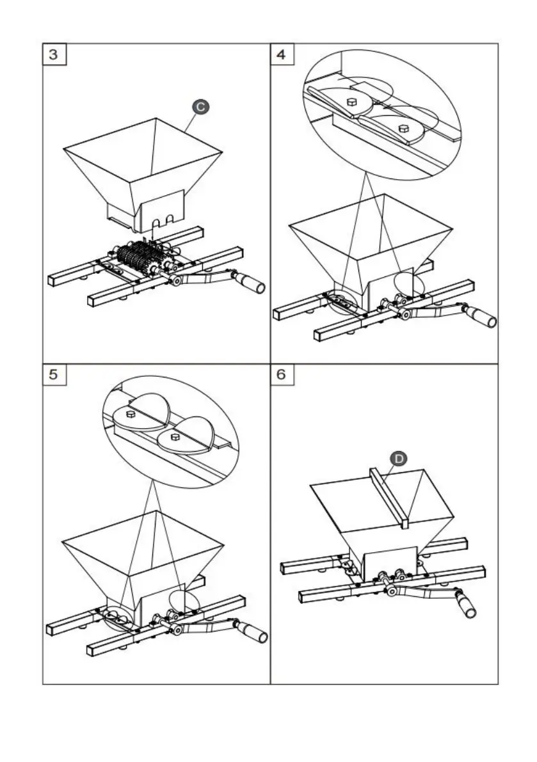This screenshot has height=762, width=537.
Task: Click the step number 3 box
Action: [x=53, y=54]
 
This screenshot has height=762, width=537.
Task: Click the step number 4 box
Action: [x=282, y=54]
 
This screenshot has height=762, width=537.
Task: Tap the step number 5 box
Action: [x=53, y=375]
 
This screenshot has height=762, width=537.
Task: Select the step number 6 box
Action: [x=282, y=375]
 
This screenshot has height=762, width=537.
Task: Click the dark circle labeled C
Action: [x=201, y=107]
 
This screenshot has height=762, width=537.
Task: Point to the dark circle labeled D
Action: [x=398, y=459]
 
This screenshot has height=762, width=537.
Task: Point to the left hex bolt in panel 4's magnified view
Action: [x=352, y=102]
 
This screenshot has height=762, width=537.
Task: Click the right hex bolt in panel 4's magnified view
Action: [x=403, y=128]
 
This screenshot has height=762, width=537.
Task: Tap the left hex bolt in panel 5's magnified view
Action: [x=131, y=414]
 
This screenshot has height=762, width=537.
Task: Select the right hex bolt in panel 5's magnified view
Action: [x=175, y=436]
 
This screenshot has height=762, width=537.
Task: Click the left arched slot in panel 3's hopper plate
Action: [x=156, y=221]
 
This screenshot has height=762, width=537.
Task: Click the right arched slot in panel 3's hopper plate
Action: [x=170, y=219]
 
